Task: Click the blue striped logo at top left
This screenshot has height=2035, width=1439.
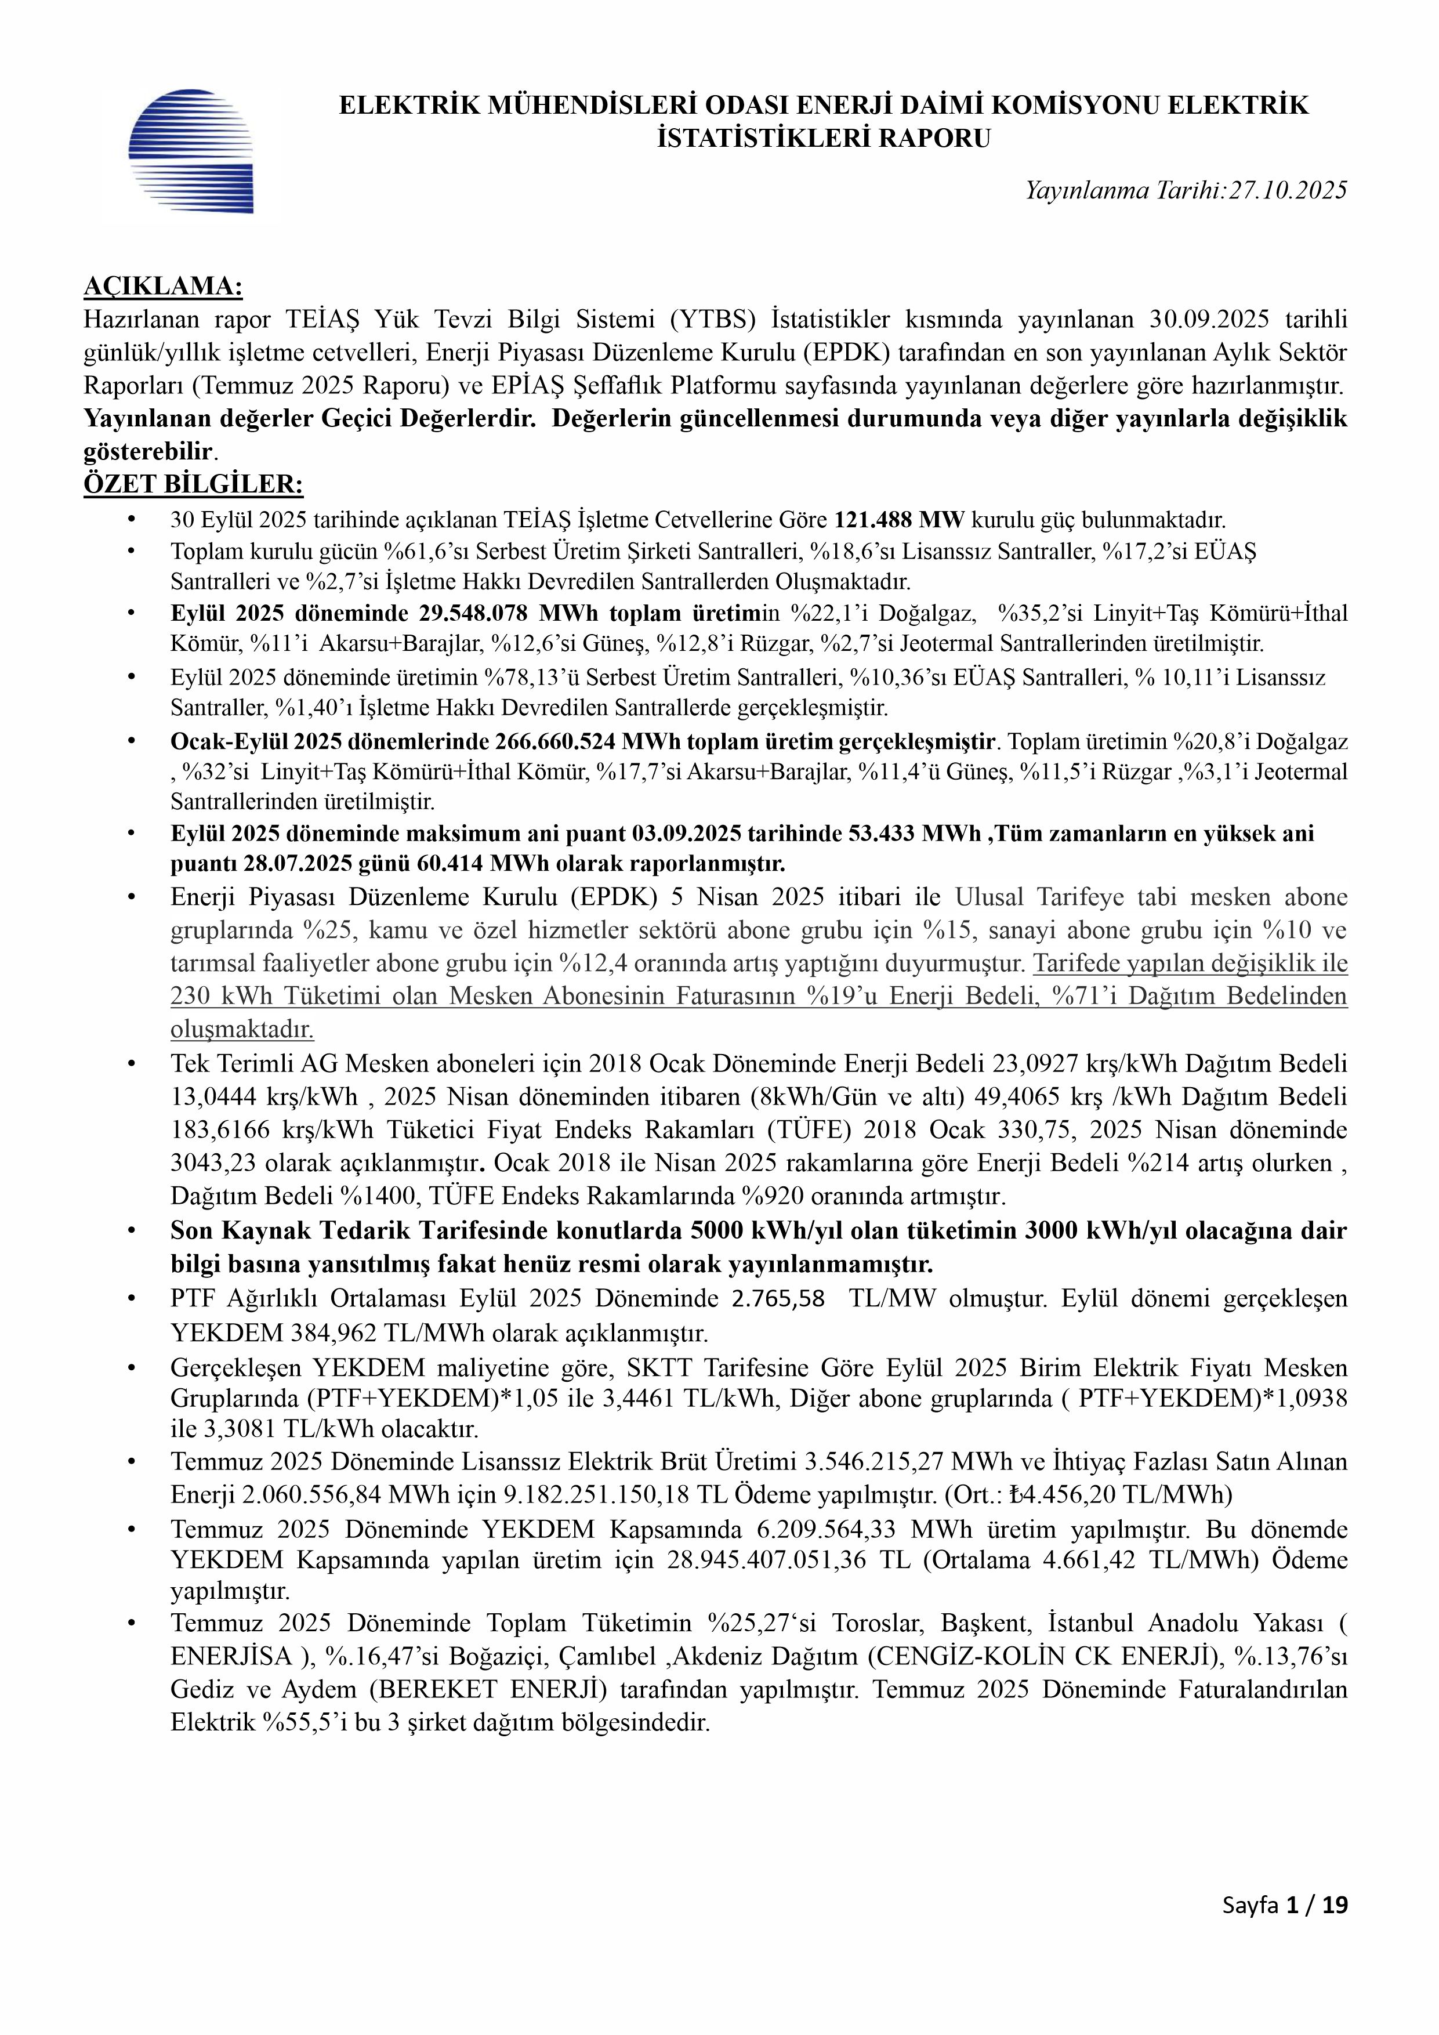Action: (190, 151)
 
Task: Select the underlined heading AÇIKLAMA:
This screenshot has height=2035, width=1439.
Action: (163, 287)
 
